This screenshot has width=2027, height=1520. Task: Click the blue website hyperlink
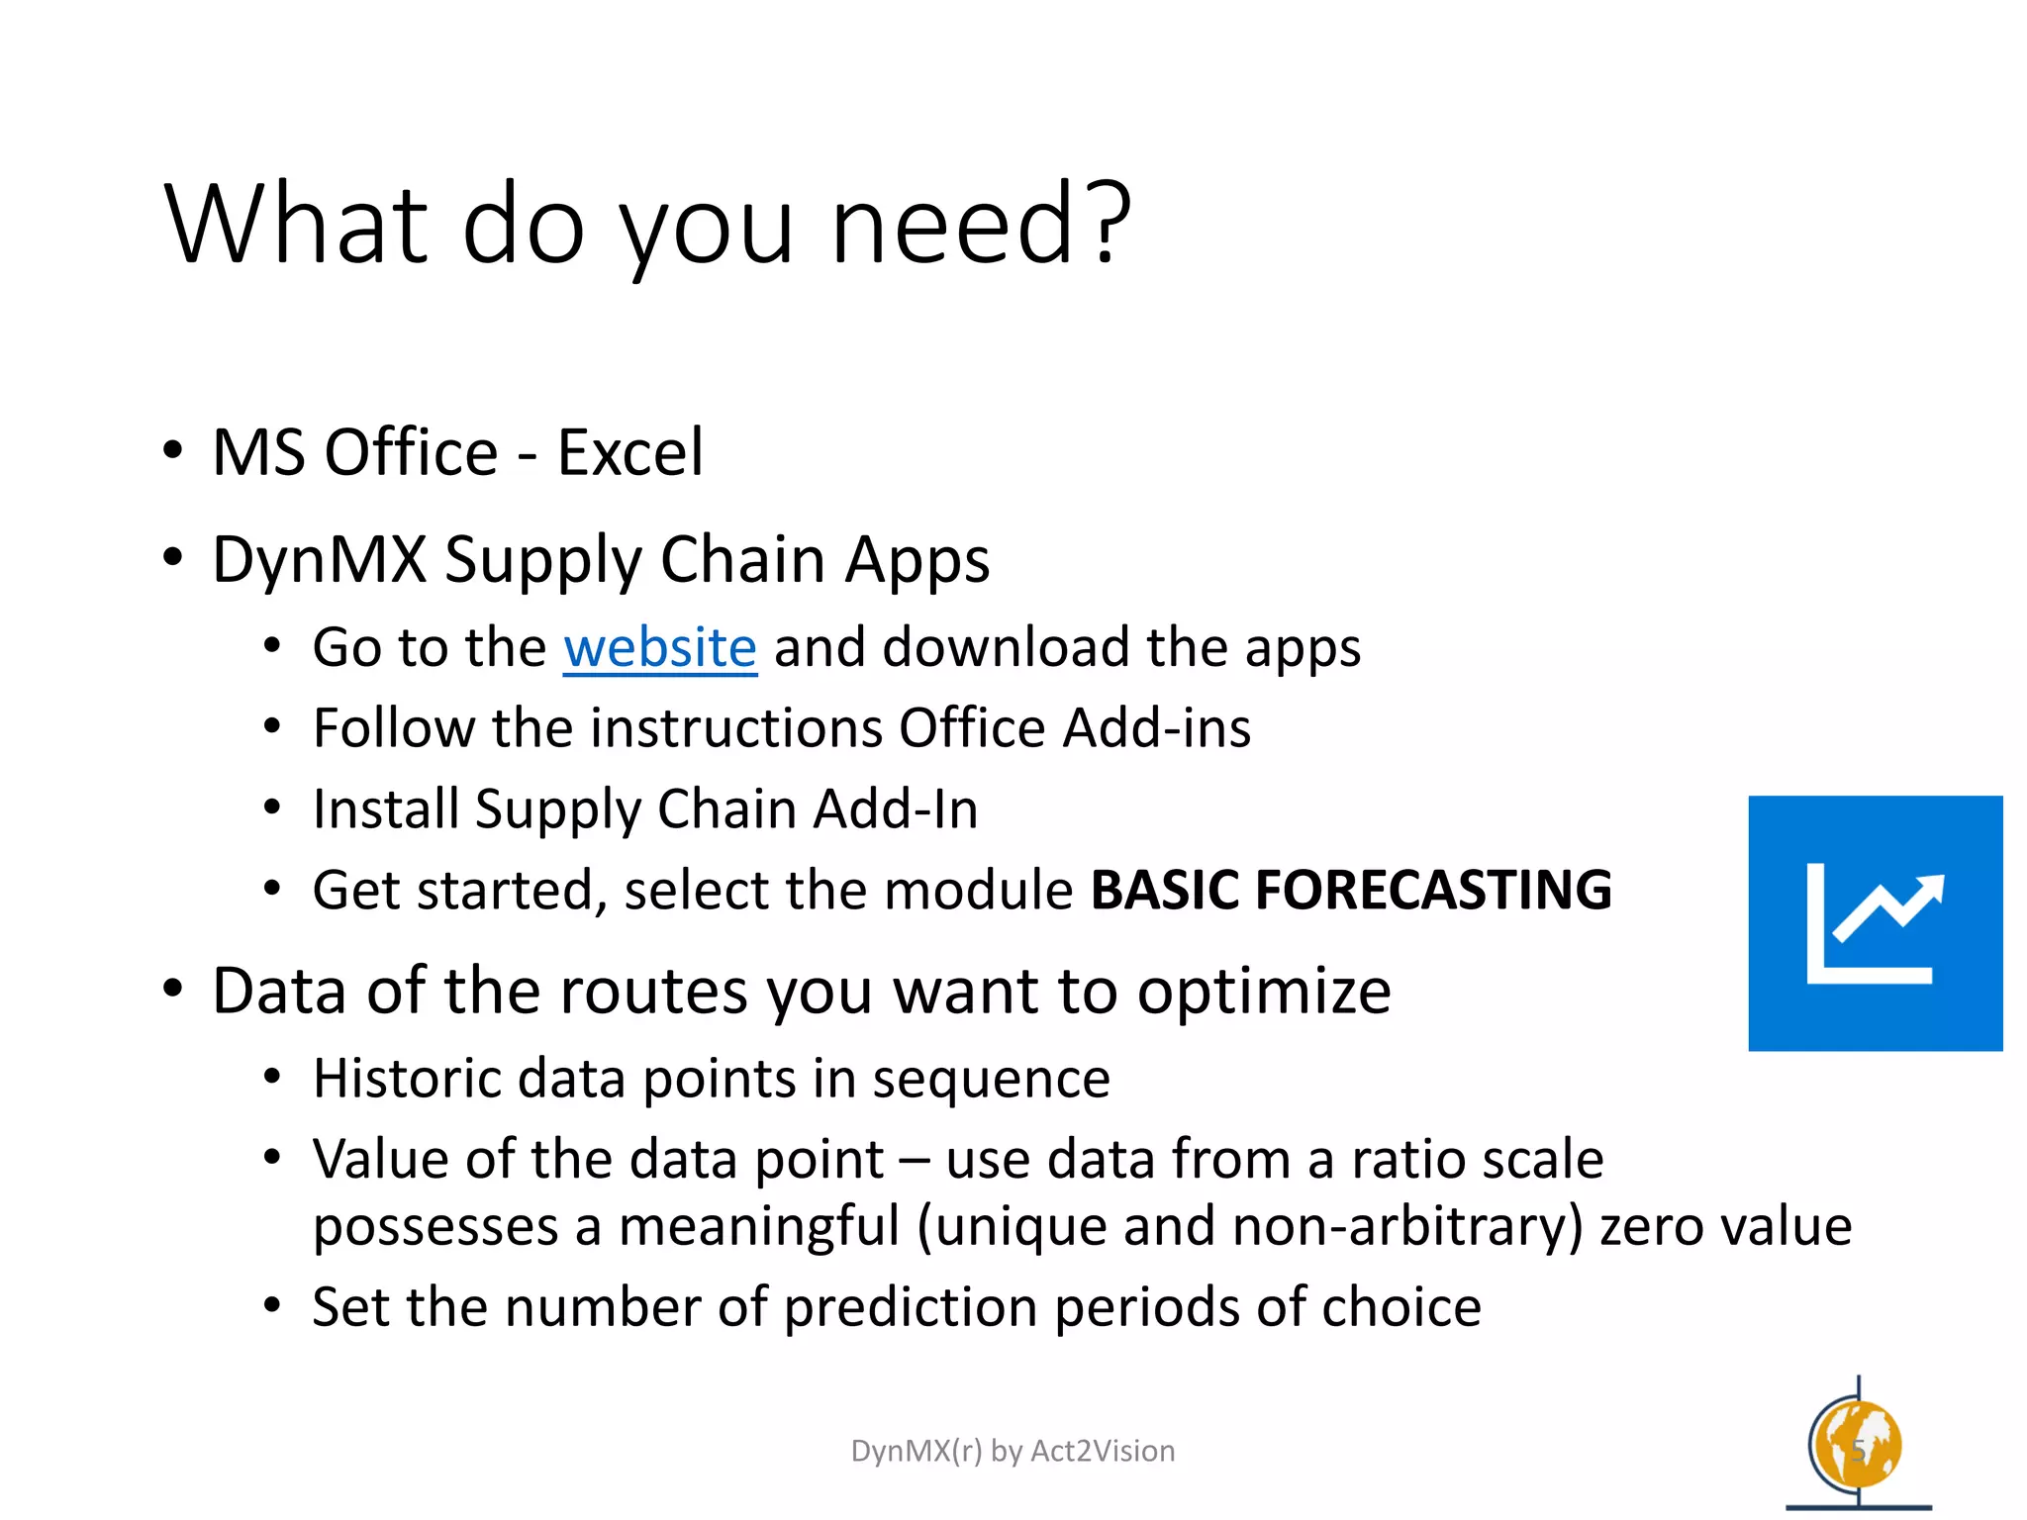(x=660, y=649)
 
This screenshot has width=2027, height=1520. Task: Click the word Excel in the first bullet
(x=629, y=453)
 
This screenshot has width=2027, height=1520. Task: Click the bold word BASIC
(x=1164, y=890)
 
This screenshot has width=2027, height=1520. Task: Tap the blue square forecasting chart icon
(x=1875, y=922)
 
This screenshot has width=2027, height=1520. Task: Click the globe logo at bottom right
(x=1857, y=1447)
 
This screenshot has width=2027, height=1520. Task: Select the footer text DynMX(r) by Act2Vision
(x=1013, y=1451)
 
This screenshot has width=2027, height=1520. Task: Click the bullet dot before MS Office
(x=173, y=451)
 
